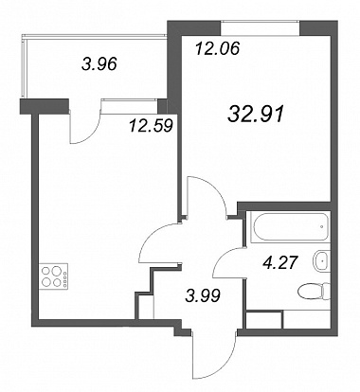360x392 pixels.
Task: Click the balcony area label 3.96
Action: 99,63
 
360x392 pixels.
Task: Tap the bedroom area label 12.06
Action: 218,48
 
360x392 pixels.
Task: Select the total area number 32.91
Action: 256,114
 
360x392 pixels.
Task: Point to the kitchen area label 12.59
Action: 151,126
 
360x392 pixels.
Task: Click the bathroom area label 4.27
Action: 279,262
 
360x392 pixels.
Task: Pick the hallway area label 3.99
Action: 203,296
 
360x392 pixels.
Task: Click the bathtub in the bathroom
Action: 290,227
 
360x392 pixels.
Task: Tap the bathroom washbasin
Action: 321,260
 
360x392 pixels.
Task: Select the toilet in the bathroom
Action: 314,292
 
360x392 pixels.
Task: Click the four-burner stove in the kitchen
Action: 54,276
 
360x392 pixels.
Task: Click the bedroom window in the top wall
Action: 260,28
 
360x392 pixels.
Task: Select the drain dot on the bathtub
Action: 321,226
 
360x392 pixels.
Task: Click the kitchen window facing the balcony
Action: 129,106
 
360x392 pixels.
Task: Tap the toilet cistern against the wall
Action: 327,292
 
